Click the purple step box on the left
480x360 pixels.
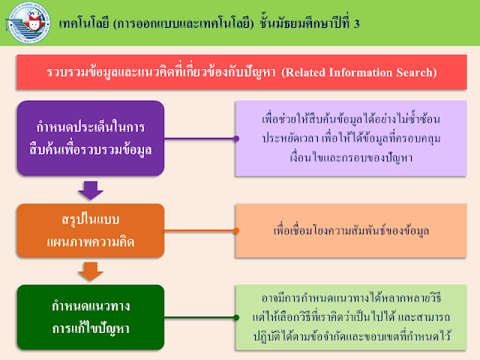[89, 139]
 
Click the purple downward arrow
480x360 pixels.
[90, 189]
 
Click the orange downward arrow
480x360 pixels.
[90, 271]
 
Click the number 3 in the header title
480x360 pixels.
[356, 22]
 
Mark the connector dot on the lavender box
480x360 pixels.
[236, 139]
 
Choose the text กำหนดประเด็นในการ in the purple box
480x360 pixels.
[89, 127]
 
